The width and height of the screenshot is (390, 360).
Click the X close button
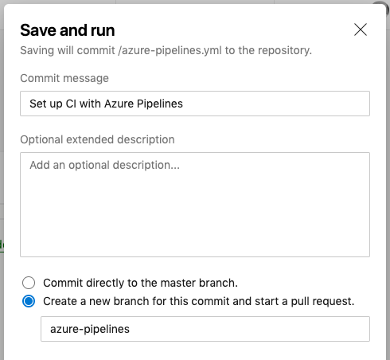point(361,29)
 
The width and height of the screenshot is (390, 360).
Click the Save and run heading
point(68,30)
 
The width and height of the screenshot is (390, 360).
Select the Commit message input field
point(195,104)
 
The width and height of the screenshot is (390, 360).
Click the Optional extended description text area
point(195,205)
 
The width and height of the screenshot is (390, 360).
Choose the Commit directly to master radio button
point(29,283)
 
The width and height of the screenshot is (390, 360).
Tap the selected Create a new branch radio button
point(29,301)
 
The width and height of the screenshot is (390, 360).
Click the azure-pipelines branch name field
point(205,329)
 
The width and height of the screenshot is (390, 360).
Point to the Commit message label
point(64,78)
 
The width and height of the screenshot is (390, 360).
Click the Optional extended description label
point(97,139)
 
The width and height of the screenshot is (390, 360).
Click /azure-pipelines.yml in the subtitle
point(170,50)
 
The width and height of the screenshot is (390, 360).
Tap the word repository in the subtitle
point(285,50)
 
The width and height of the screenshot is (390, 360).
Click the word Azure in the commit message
point(119,104)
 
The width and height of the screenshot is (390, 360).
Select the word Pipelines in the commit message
point(160,104)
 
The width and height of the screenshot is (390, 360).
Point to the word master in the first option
point(178,283)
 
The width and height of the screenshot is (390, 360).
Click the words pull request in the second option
point(322,302)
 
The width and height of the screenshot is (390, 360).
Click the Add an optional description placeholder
point(104,165)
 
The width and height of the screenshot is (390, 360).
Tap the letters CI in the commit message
point(71,104)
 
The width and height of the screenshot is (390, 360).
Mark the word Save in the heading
point(38,30)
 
